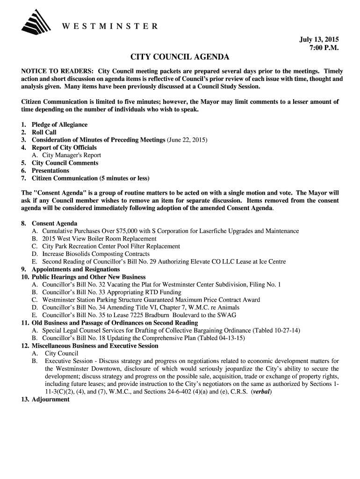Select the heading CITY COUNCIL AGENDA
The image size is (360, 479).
tap(180, 58)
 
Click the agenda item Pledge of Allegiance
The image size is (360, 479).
tap(59, 125)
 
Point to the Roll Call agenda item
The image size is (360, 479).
tap(44, 132)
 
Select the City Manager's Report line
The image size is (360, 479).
tap(72, 155)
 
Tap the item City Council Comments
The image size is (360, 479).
tap(65, 163)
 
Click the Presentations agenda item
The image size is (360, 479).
tap(50, 171)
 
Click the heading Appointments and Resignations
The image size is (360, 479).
tap(76, 269)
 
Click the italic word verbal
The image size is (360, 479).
tap(261, 392)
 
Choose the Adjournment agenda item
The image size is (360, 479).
tap(50, 399)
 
